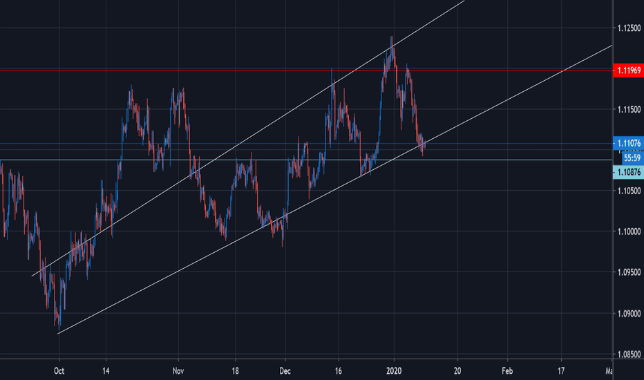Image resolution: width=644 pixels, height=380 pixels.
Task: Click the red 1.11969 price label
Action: coord(628,70)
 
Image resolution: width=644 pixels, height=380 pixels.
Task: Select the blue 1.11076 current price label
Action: coord(628,144)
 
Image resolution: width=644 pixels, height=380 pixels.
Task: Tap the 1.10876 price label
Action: coord(628,171)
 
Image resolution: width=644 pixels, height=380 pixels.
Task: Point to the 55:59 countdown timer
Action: coord(628,157)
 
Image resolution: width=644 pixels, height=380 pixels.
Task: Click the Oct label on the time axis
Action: coord(59,370)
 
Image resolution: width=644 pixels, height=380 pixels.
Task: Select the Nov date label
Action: coord(178,370)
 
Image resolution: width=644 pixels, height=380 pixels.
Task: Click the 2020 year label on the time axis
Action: coord(394,370)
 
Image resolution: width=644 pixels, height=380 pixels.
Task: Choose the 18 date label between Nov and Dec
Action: coord(236,370)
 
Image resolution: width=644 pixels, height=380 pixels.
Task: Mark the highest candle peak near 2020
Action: coord(392,37)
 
